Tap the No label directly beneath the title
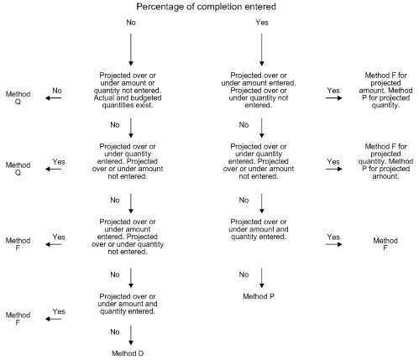pyautogui.click(x=131, y=23)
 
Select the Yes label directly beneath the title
pyautogui.click(x=261, y=23)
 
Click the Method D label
pyautogui.click(x=131, y=353)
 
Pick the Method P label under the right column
pyautogui.click(x=261, y=296)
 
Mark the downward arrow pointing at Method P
pyautogui.click(x=261, y=278)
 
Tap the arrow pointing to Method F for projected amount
pyautogui.click(x=334, y=97)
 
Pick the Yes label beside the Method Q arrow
pyautogui.click(x=58, y=161)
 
